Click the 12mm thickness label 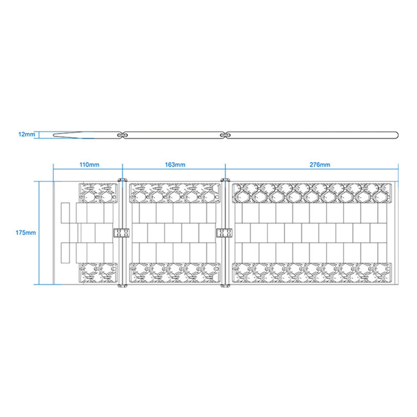tap(27, 134)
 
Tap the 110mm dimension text tap(89, 165)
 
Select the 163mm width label tap(175, 165)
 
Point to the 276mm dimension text tap(320, 165)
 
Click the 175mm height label tap(26, 232)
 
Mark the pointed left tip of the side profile tap(54, 135)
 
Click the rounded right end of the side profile tap(398, 135)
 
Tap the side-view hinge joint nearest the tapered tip tap(122, 135)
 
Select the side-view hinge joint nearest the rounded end tap(225, 135)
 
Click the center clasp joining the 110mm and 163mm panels tap(121, 233)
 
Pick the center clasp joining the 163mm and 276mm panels tap(225, 233)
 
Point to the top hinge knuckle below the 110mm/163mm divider tap(122, 180)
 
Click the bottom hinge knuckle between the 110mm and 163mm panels tap(122, 286)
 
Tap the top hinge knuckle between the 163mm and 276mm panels tap(225, 180)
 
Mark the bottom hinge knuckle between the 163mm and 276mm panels tap(225, 286)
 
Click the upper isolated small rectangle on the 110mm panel tap(66, 213)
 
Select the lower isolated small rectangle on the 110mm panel tap(66, 253)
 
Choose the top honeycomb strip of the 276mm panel tap(312, 193)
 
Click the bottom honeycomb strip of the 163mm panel tap(175, 273)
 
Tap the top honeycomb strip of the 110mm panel tap(99, 193)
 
